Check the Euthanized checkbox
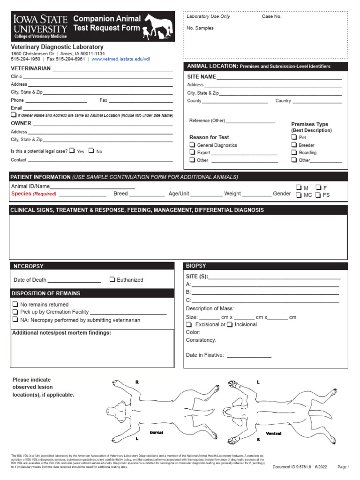click(112, 280)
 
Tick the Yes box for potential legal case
click(72, 151)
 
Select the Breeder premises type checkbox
click(294, 145)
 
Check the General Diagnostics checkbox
click(192, 145)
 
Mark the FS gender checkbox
click(318, 195)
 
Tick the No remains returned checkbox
click(15, 305)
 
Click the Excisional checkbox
click(189, 324)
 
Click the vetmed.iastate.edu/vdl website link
click(120, 60)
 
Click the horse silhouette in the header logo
click(158, 23)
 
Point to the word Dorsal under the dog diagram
click(156, 433)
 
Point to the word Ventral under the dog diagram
click(273, 434)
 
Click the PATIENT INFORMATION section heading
click(40, 177)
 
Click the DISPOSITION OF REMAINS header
click(47, 293)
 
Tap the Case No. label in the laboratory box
click(271, 16)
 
